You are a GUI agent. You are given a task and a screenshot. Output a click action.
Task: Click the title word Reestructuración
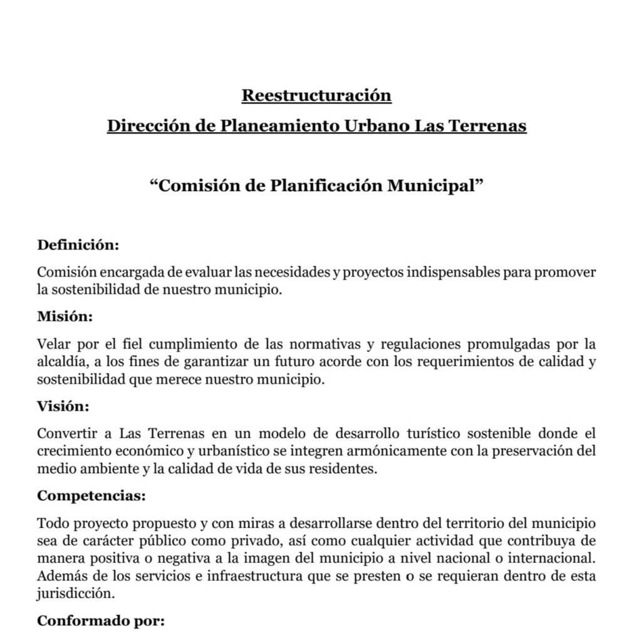point(316,95)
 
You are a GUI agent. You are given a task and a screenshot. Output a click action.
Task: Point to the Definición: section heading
point(78,245)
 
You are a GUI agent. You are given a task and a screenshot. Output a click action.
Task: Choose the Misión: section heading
point(65,317)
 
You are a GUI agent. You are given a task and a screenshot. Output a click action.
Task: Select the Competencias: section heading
point(91,496)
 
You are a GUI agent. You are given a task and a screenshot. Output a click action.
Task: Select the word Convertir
point(66,434)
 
